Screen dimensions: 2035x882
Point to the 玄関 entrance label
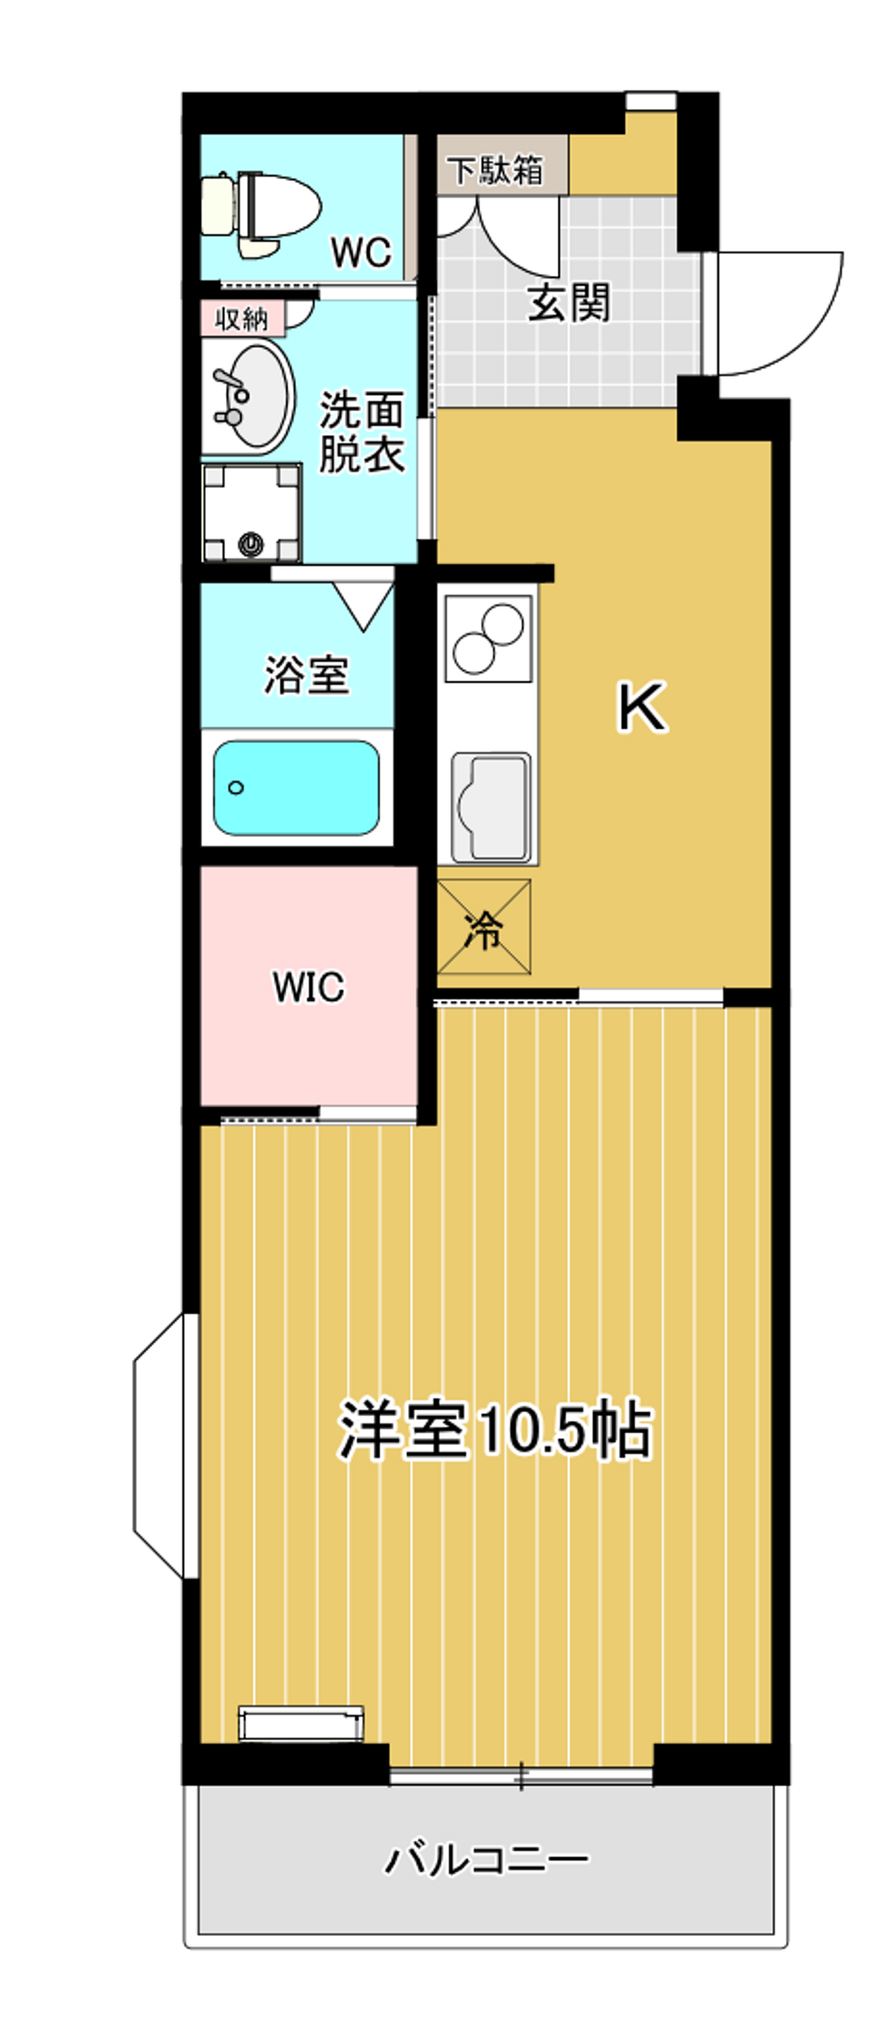click(568, 302)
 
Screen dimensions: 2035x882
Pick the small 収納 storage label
click(241, 319)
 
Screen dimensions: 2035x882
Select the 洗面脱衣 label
click(362, 432)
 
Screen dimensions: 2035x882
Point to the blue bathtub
click(296, 787)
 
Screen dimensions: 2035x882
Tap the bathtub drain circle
click(235, 787)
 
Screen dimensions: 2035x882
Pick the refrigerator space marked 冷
click(483, 927)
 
